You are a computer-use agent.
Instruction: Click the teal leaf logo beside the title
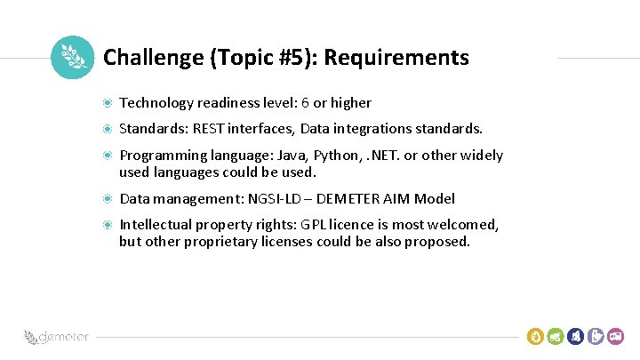pyautogui.click(x=72, y=58)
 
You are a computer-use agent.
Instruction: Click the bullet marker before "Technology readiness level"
pyautogui.click(x=108, y=103)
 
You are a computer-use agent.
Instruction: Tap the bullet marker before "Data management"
pyautogui.click(x=108, y=199)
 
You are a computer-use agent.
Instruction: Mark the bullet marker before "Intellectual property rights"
pyautogui.click(x=108, y=225)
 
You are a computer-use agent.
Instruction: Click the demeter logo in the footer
pyautogui.click(x=56, y=337)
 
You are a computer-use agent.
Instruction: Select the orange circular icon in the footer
pyautogui.click(x=535, y=336)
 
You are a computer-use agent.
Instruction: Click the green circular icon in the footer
pyautogui.click(x=556, y=336)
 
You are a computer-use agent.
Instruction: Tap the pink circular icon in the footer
pyautogui.click(x=618, y=336)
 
